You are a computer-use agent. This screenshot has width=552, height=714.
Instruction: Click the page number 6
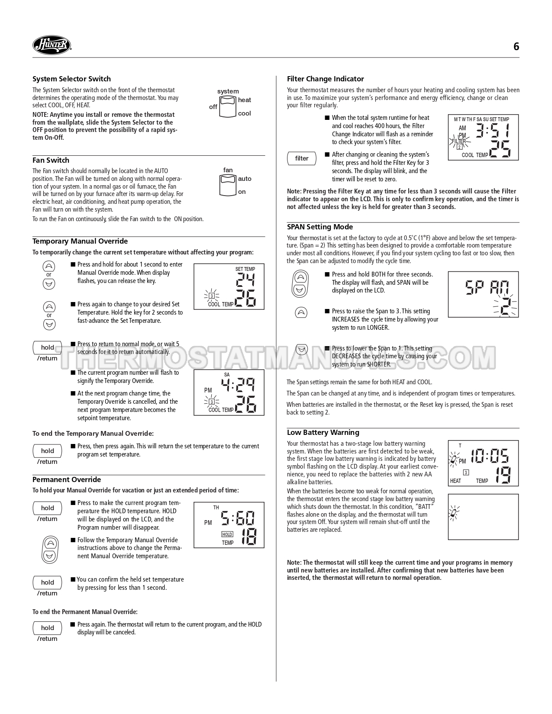516,47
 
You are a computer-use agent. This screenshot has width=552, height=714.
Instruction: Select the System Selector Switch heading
71,79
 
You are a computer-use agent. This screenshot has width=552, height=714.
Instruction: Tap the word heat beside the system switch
244,100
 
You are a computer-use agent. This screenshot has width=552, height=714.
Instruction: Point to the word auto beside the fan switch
244,179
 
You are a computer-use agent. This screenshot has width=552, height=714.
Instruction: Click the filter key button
302,158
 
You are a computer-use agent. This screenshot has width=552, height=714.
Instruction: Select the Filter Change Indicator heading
325,79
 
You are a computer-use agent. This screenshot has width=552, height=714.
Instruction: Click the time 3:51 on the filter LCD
492,130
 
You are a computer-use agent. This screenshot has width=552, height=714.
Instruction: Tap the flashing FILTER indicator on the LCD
458,142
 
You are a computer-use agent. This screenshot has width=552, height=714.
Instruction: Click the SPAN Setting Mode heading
320,227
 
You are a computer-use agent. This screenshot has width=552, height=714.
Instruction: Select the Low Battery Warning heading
323,432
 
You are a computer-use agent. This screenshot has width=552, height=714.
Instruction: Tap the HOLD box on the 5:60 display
227,534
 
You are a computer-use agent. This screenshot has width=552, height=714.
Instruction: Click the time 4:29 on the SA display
238,384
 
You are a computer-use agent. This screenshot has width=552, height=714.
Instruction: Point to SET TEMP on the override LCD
245,269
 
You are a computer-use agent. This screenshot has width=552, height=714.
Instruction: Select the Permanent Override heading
67,479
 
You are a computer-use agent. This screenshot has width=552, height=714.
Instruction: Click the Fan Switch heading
51,160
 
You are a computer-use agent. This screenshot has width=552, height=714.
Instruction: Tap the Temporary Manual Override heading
80,241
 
